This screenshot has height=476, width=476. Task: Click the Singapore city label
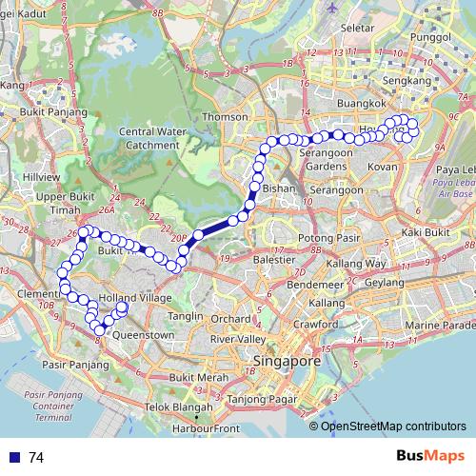pyautogui.click(x=286, y=362)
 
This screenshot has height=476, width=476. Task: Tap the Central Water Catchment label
pyautogui.click(x=149, y=138)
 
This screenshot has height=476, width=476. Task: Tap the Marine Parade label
pyautogui.click(x=438, y=326)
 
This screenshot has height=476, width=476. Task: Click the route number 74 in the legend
pyautogui.click(x=36, y=458)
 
